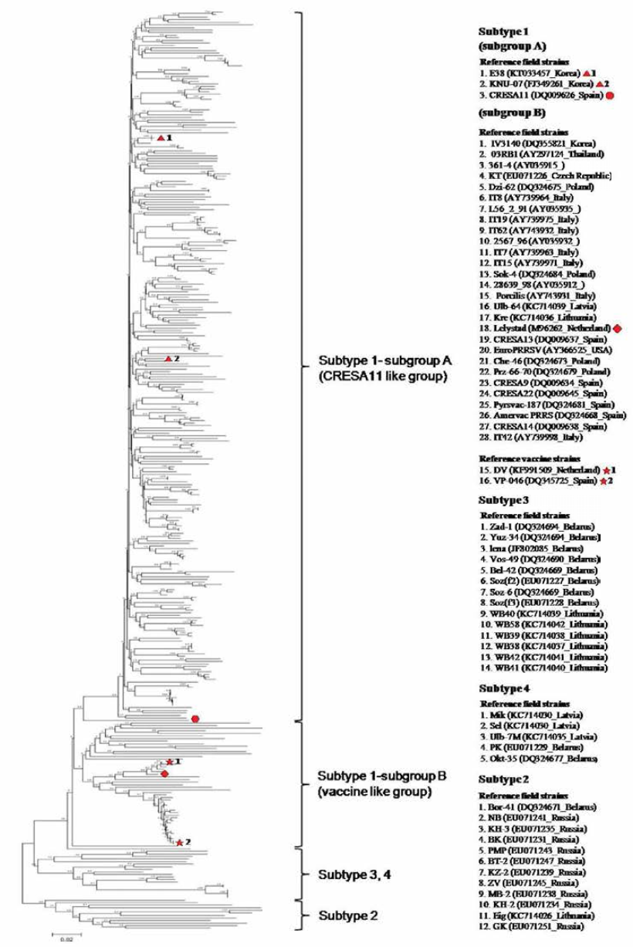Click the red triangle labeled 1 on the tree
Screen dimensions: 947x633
pos(161,137)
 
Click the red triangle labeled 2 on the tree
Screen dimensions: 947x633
pos(168,359)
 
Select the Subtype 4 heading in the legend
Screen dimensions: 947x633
pos(504,688)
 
